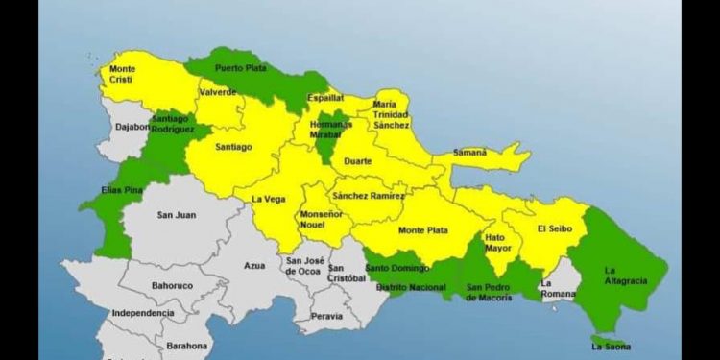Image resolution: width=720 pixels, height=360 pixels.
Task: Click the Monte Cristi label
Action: [122, 74]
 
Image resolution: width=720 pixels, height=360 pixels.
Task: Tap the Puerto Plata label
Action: [240, 68]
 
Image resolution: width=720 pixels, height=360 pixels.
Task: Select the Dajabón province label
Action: [133, 126]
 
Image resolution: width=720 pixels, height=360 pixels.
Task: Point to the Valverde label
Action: [218, 92]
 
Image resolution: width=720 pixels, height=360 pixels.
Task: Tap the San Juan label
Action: [177, 215]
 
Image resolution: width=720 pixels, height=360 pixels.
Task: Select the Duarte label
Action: [355, 163]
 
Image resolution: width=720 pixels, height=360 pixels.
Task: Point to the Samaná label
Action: [469, 152]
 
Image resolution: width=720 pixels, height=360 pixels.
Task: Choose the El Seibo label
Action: [554, 228]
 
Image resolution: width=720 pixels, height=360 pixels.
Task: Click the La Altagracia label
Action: [625, 276]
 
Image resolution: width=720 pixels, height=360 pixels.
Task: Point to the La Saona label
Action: [612, 346]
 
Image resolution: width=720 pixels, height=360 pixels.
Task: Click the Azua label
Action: [254, 265]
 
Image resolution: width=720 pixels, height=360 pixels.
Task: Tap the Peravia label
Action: [328, 315]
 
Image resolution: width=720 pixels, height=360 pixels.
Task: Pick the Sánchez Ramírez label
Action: [368, 196]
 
